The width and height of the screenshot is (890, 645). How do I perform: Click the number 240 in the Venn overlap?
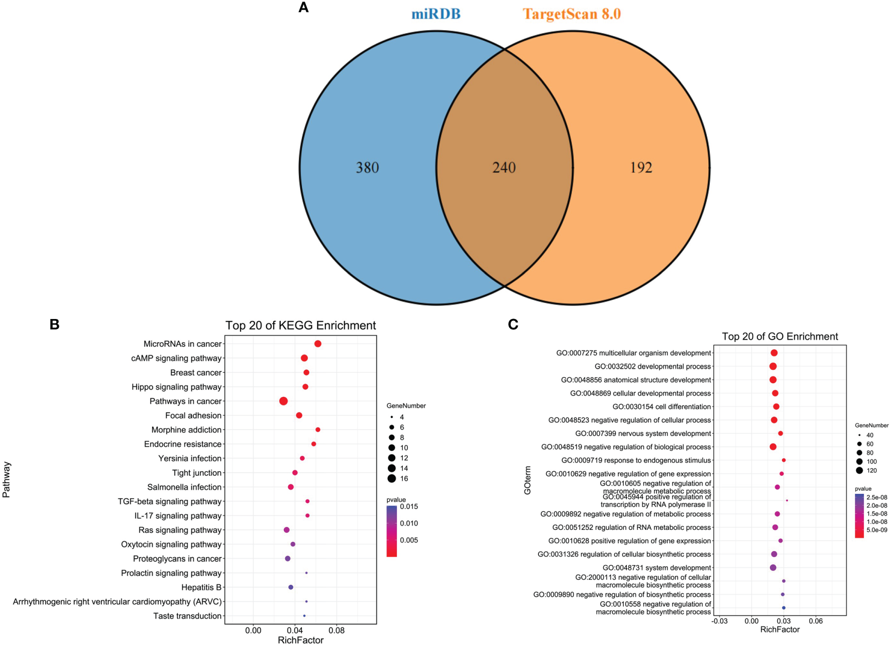504,167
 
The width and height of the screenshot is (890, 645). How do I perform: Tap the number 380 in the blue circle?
367,167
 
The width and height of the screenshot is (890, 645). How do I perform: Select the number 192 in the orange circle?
641,167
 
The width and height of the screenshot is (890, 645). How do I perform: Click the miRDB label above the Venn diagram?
436,14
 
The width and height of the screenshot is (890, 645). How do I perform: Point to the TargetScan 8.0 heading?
572,14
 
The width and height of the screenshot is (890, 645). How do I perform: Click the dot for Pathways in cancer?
283,401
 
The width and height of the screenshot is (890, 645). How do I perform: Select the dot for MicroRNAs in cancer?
318,344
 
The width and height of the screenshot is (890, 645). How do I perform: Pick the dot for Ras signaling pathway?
287,530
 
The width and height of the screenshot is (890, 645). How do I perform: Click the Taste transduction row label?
187,616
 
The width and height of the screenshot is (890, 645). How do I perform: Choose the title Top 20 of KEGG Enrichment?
300,326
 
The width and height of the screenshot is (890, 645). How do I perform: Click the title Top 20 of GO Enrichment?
780,337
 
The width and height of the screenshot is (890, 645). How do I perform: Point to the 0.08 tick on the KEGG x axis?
337,631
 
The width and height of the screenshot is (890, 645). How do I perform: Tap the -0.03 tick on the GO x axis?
719,621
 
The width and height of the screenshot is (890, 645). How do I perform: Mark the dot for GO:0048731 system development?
773,568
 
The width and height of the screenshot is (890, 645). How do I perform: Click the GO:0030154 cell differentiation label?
661,407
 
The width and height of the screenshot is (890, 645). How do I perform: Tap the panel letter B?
54,325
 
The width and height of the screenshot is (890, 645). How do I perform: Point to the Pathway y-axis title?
7,480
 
